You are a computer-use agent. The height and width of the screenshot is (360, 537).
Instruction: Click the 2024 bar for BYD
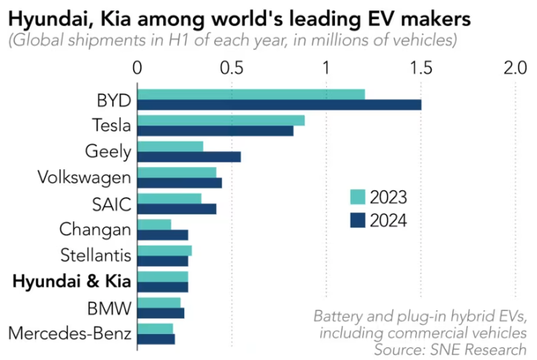tap(279, 105)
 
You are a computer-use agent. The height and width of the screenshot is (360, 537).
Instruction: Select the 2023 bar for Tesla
tap(221, 120)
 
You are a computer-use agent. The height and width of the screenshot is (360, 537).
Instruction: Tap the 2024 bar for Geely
tap(189, 157)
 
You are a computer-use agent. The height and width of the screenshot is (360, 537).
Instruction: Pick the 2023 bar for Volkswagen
tap(177, 172)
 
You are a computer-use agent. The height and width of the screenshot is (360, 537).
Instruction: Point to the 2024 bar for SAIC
tap(177, 209)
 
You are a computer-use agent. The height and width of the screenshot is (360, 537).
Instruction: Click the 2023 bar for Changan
tap(154, 224)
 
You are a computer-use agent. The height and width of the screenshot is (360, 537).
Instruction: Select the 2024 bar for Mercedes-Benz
tap(156, 338)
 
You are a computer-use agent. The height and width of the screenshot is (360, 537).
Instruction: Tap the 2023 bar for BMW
tap(159, 302)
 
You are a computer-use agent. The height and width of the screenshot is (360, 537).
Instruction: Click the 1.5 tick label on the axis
tap(420, 68)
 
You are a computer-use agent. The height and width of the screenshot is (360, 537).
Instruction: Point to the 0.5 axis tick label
tap(231, 68)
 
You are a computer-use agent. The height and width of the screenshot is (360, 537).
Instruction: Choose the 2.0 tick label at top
tap(515, 68)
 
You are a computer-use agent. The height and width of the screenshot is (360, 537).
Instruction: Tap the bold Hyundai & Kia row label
tap(72, 281)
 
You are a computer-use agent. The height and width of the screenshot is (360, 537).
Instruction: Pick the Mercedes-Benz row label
tap(70, 333)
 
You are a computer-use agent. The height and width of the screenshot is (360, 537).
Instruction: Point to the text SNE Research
tap(487, 348)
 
